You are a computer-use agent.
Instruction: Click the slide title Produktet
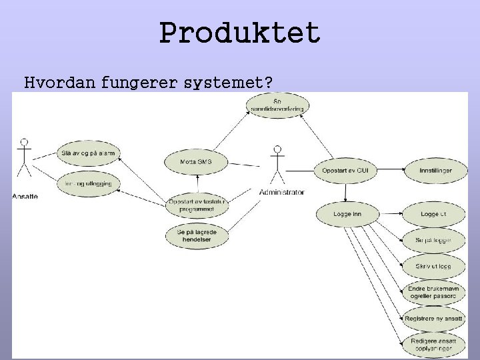coord(240,33)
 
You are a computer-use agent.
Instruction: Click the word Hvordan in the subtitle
coord(61,83)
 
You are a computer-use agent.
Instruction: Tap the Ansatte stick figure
coord(25,160)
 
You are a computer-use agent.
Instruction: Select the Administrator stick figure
coord(275,164)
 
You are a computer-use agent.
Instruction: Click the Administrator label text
coord(281,192)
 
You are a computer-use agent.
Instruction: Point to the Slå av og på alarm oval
coord(88,153)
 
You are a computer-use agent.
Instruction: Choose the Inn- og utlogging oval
coord(88,183)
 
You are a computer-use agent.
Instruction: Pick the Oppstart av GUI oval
coord(345,171)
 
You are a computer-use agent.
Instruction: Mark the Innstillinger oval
coord(435,171)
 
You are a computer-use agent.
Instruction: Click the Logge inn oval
coord(347,214)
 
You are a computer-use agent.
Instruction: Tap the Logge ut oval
coord(434,214)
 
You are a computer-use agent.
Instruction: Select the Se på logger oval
coord(434,240)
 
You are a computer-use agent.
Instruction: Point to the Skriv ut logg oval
coord(434,266)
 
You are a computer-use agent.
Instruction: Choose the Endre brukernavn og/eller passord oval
coord(434,292)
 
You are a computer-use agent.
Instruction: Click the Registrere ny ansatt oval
coord(434,319)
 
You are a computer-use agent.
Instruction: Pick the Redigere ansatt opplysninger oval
coord(434,345)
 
